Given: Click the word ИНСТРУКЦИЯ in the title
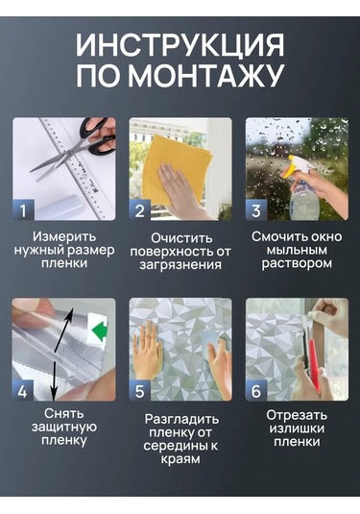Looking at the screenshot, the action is click(x=180, y=45).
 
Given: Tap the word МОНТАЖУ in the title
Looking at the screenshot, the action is click(x=204, y=75).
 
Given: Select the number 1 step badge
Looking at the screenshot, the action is click(x=23, y=209).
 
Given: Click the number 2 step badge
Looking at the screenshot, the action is click(x=140, y=209).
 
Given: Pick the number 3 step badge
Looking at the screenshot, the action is click(x=256, y=209).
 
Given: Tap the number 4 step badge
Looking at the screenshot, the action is click(x=23, y=390).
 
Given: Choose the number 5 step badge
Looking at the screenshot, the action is click(x=140, y=390).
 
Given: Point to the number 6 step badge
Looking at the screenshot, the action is click(x=256, y=390).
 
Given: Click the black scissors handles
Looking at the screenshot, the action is click(x=97, y=136).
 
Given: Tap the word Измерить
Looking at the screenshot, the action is click(x=64, y=236).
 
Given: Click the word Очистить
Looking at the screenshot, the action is click(x=181, y=238).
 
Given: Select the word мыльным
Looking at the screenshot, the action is click(x=297, y=250).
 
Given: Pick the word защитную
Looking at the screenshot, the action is click(x=64, y=428).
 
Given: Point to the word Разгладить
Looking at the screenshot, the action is click(x=181, y=419).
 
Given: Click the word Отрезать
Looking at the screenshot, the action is click(x=297, y=415).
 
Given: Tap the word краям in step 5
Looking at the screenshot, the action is click(x=180, y=459).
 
